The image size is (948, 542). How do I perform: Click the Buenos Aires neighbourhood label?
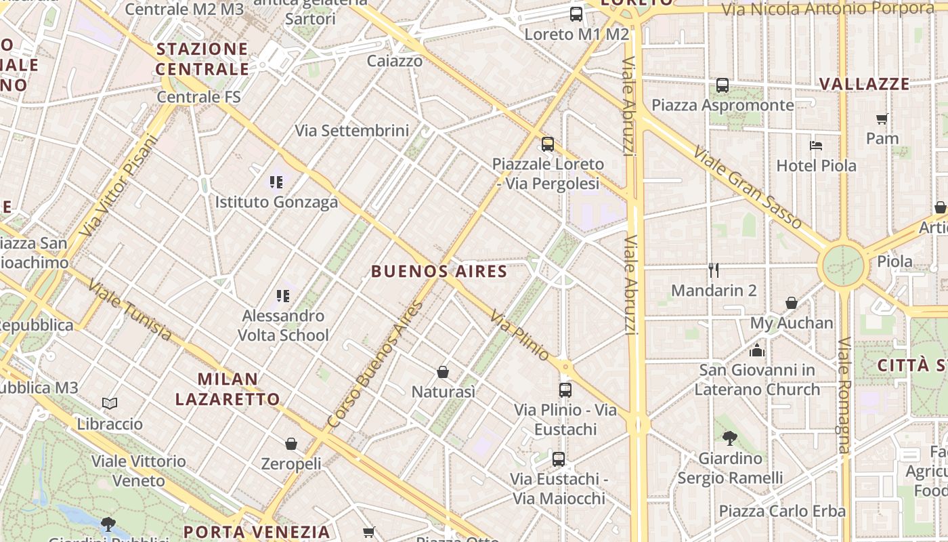pos(439,272)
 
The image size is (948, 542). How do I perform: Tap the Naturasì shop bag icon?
pos(443,372)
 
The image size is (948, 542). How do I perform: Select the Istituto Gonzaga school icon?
pos(276,182)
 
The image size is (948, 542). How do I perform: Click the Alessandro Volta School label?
pos(284,325)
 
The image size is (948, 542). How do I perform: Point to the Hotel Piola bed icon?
pos(816,146)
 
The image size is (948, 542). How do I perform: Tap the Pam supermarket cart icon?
pos(882,119)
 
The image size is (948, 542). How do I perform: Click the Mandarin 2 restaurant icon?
pos(713,270)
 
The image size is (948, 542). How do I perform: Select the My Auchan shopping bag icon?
pos(791,303)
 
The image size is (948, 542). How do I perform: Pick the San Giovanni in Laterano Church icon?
pos(756,350)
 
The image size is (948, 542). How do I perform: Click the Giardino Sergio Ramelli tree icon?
pos(730,438)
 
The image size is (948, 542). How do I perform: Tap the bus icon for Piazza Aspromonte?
pos(723,85)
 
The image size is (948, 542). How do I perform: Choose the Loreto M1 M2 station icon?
pos(576,14)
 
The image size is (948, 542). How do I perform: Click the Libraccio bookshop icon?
pos(110,404)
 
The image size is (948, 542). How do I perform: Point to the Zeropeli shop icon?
pos(291,444)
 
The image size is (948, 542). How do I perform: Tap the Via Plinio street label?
pos(520,335)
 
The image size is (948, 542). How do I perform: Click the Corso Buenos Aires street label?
pos(374,364)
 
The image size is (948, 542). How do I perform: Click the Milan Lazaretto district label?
pos(228,389)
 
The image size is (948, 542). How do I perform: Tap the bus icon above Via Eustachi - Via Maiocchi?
pos(559,459)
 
